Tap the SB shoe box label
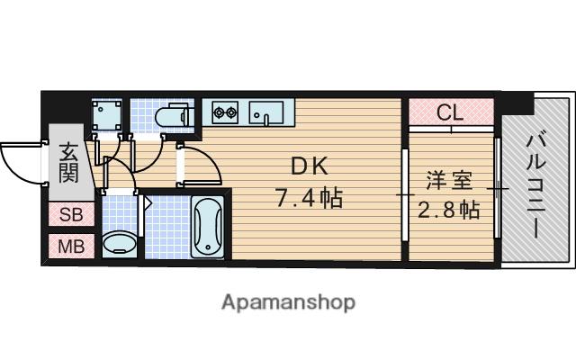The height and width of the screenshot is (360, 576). [68, 216]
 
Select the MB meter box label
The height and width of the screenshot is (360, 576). [68, 246]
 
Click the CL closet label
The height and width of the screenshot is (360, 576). [450, 113]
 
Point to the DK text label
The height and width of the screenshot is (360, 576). [308, 166]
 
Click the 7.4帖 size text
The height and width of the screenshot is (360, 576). [308, 198]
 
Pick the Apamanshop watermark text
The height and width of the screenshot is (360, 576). [288, 301]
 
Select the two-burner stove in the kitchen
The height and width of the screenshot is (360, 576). [224, 113]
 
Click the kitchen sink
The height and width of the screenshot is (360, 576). [266, 113]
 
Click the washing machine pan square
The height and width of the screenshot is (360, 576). [112, 114]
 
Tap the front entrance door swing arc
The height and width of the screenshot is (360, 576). [20, 162]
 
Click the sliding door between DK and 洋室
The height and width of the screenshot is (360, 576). [404, 193]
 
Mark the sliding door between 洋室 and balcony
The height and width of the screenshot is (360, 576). [498, 189]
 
